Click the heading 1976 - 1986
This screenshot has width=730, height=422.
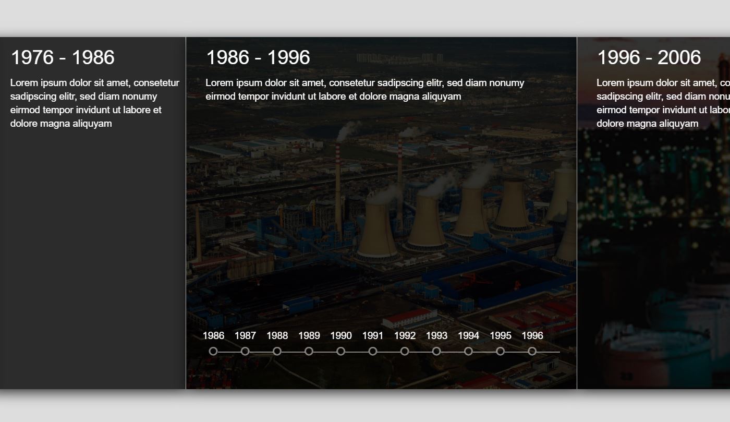(x=63, y=57)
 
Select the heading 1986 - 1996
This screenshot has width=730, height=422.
(x=258, y=57)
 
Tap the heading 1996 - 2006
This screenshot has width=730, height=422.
(x=649, y=57)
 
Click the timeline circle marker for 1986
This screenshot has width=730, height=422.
(x=213, y=351)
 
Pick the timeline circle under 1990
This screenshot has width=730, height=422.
(x=341, y=351)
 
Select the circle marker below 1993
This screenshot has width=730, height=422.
(x=436, y=351)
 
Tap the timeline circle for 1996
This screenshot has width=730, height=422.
(x=532, y=351)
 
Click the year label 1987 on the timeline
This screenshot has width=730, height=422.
(x=245, y=335)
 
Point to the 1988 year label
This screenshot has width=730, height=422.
(x=277, y=335)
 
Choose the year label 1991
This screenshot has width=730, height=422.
(x=373, y=335)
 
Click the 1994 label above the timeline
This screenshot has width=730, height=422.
(x=468, y=335)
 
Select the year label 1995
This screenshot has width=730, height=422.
(x=501, y=335)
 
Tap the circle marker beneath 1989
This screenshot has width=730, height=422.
(x=309, y=351)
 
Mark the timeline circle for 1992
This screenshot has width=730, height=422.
(x=405, y=351)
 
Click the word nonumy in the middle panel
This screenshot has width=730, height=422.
(x=506, y=82)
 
